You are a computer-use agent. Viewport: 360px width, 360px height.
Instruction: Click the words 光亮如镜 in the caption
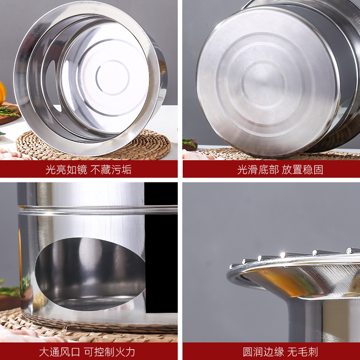pyautogui.click(x=66, y=170)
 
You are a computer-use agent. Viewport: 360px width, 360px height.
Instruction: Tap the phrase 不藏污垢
pyautogui.click(x=111, y=170)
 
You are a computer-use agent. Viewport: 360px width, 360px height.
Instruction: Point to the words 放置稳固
pyautogui.click(x=302, y=170)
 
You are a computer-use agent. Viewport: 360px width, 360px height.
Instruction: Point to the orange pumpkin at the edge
pyautogui.click(x=2, y=93)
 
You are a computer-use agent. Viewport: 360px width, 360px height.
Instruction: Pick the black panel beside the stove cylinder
pyautogui.click(x=161, y=252)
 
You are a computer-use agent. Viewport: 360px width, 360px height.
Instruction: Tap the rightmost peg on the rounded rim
pyautogui.click(x=351, y=250)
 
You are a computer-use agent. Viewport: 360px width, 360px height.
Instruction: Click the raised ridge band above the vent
pyautogui.click(x=90, y=209)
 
